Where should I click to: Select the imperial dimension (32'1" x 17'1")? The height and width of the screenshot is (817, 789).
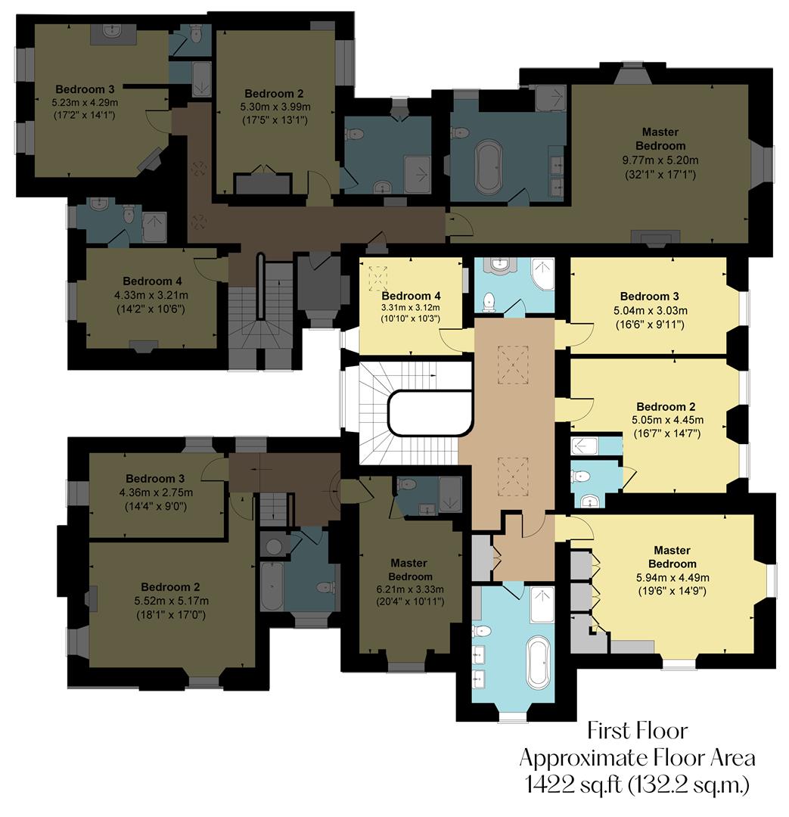660,174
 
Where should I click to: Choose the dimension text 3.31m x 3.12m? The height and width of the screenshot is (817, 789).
410,308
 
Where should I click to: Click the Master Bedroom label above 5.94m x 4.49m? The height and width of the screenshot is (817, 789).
672,557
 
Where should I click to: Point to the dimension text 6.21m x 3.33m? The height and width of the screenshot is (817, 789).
408,589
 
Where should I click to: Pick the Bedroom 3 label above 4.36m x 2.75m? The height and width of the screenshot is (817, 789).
155,478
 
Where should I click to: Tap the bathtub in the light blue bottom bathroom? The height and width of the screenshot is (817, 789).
538,663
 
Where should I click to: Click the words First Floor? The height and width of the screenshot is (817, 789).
638,732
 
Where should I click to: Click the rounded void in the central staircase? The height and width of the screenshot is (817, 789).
428,414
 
